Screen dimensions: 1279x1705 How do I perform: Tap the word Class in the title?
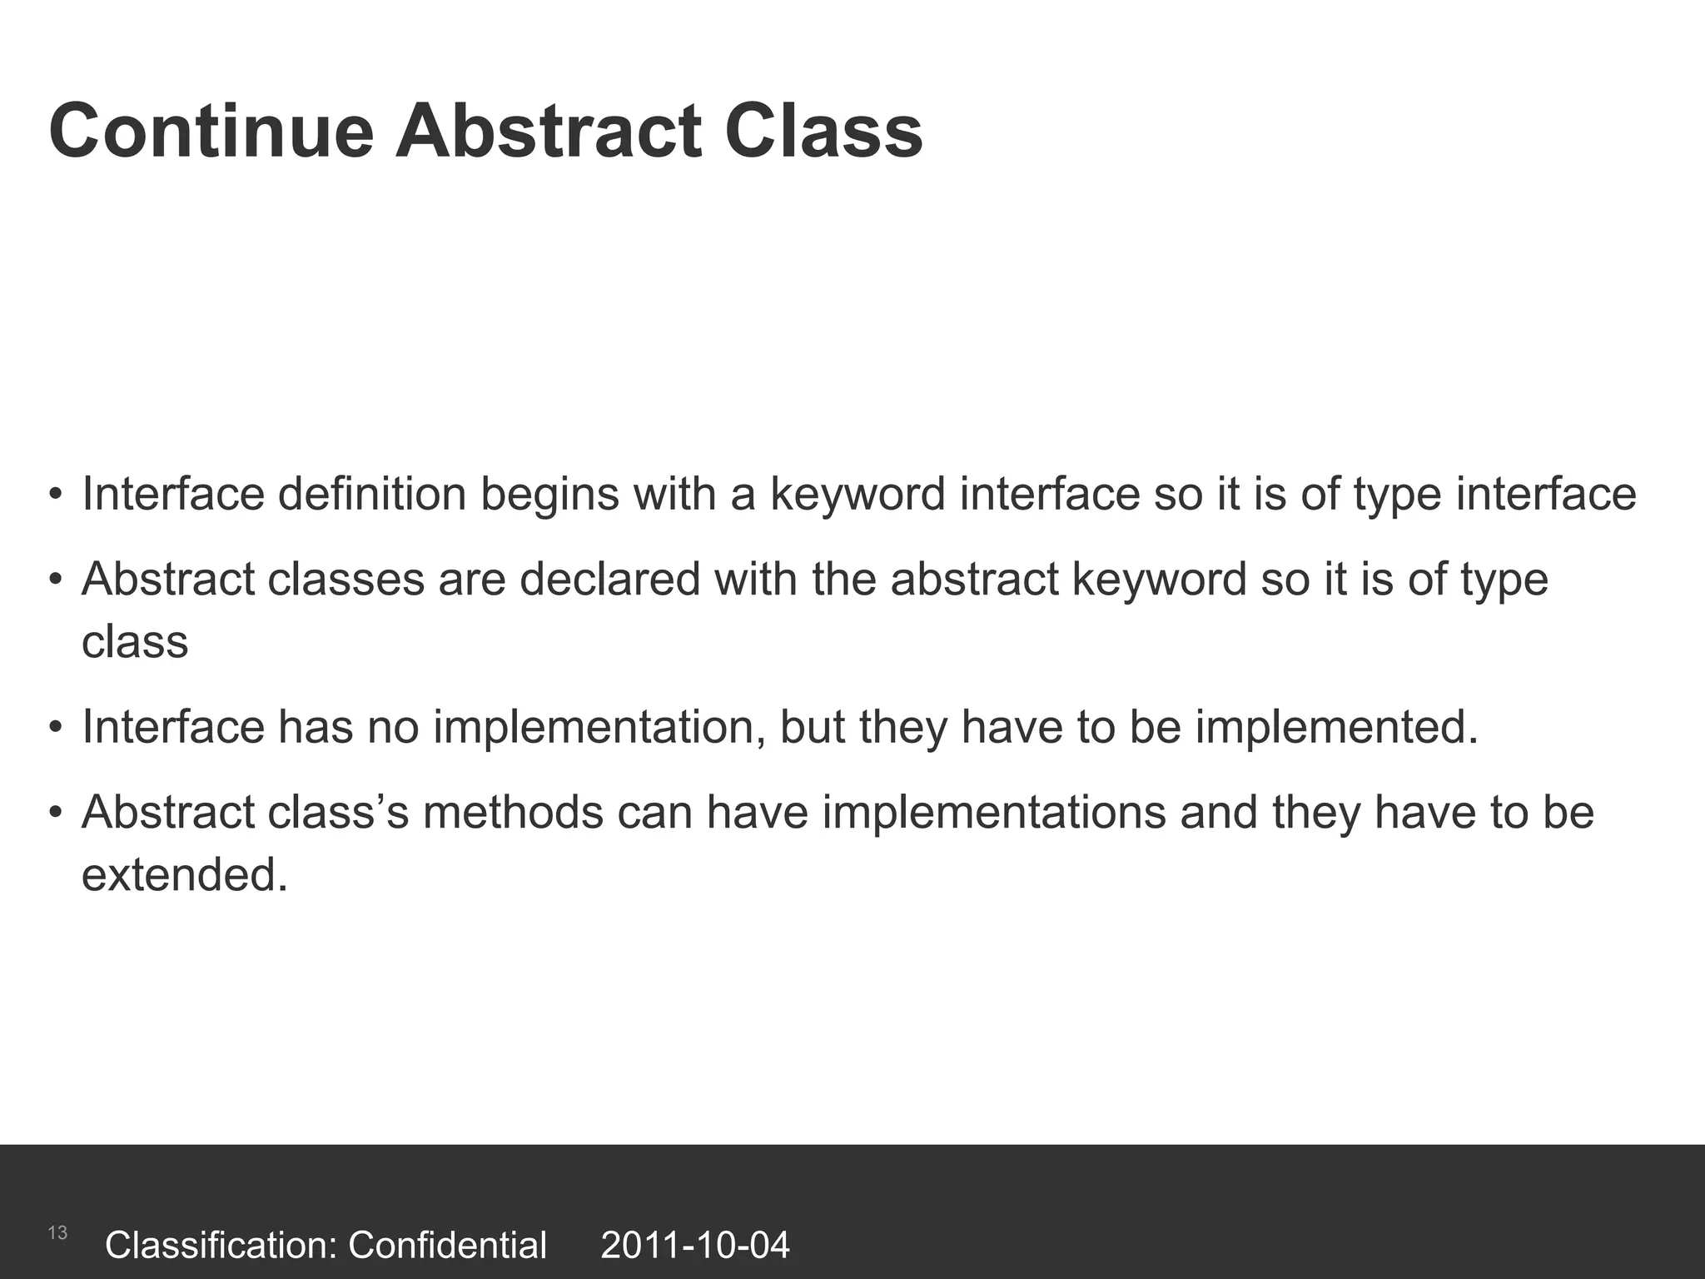pyautogui.click(x=823, y=132)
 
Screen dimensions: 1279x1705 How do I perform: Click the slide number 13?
pyautogui.click(x=57, y=1233)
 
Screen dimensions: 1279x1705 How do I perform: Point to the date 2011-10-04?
pyautogui.click(x=694, y=1246)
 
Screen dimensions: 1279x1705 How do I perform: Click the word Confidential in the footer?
pyautogui.click(x=447, y=1246)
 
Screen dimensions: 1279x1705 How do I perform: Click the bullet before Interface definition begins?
pyautogui.click(x=56, y=495)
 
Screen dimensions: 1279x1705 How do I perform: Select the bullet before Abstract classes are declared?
pyautogui.click(x=56, y=580)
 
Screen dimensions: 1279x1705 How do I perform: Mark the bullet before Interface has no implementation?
pyautogui.click(x=56, y=728)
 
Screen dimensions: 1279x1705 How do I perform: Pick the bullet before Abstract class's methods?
pyautogui.click(x=56, y=813)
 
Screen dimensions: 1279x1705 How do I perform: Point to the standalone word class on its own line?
pyautogui.click(x=135, y=642)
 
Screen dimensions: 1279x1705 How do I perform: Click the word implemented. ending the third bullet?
pyautogui.click(x=1337, y=727)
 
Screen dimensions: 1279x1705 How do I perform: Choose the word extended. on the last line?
pyautogui.click(x=184, y=875)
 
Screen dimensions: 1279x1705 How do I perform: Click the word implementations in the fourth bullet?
pyautogui.click(x=994, y=814)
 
